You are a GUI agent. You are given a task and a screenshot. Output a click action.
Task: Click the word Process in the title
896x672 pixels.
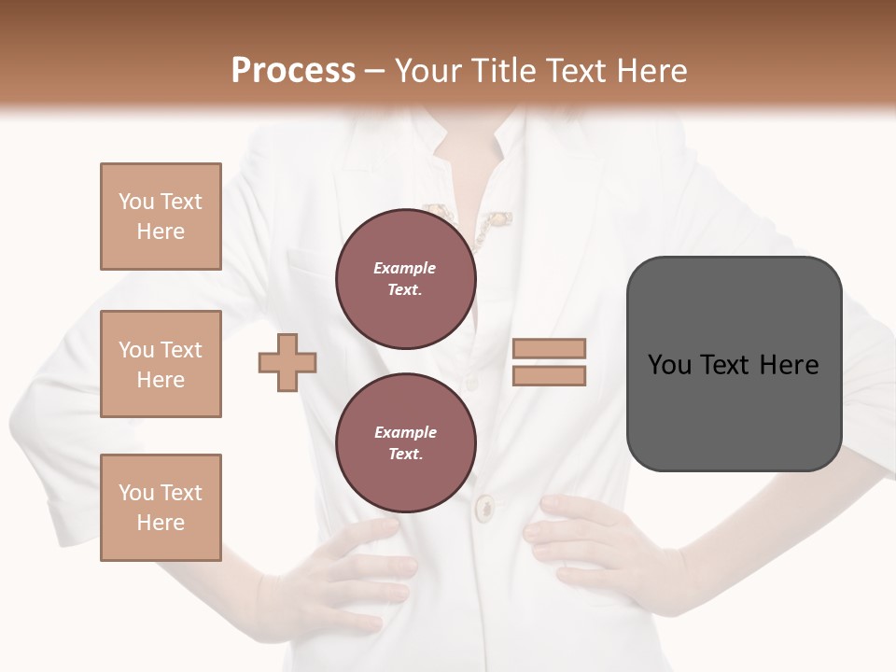[x=293, y=71]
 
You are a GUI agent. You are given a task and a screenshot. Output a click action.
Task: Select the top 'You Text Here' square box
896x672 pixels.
[x=161, y=217]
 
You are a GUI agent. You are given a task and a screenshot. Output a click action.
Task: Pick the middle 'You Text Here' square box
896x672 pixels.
[x=161, y=364]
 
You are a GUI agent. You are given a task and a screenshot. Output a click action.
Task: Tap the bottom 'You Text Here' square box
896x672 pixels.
[x=161, y=507]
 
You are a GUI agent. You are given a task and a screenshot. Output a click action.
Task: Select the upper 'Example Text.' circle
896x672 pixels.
[x=405, y=278]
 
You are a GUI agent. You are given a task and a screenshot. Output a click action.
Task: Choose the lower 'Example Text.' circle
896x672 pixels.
[x=405, y=442]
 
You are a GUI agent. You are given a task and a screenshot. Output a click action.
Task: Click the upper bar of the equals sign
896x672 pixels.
[x=549, y=349]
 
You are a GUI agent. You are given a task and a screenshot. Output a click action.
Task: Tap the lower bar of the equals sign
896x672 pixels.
[x=549, y=376]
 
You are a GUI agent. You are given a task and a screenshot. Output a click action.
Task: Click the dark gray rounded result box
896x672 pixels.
[x=734, y=411]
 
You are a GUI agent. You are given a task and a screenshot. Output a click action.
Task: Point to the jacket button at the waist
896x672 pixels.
[x=485, y=509]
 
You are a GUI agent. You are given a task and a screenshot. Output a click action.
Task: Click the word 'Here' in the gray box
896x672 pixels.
[x=789, y=365]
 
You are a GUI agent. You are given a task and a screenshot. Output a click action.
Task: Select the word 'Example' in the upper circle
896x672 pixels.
[x=405, y=268]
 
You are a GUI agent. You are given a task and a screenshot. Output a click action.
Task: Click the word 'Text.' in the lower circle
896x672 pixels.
[x=405, y=454]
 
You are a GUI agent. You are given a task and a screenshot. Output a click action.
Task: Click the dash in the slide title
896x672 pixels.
[x=375, y=72]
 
